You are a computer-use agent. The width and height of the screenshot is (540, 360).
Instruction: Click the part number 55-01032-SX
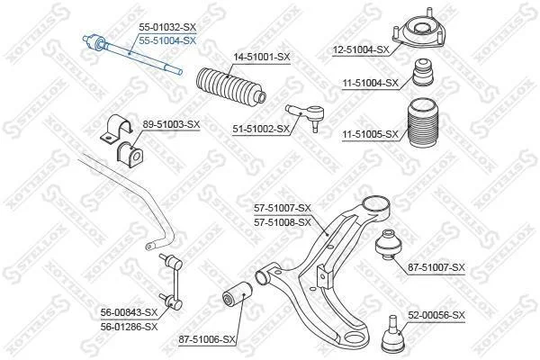click(x=167, y=27)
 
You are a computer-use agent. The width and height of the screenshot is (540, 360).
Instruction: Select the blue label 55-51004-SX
click(x=167, y=41)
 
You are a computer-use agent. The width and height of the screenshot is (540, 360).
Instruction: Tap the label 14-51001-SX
click(x=262, y=57)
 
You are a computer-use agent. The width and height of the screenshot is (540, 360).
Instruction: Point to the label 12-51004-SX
click(x=361, y=50)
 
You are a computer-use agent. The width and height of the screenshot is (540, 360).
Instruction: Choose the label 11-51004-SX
click(x=370, y=83)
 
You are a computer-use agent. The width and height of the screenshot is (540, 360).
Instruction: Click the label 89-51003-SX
click(x=171, y=124)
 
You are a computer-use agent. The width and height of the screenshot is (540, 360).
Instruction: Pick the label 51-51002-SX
click(x=261, y=130)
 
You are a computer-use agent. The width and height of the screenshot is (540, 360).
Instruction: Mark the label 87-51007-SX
click(x=436, y=267)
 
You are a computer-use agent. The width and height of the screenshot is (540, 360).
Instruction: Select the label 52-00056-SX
click(x=436, y=315)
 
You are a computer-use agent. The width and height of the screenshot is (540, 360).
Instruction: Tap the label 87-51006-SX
click(x=207, y=340)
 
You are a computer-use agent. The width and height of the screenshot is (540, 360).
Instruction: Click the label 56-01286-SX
click(x=129, y=327)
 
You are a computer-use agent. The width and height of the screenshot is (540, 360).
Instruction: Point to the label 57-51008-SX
click(x=283, y=222)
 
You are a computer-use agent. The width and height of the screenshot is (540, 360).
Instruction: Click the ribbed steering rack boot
click(x=230, y=85)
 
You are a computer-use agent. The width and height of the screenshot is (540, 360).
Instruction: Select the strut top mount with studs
click(x=418, y=31)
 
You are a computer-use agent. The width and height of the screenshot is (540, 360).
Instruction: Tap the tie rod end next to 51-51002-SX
click(x=306, y=115)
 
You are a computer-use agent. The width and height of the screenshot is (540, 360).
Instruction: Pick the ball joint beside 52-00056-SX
click(x=391, y=334)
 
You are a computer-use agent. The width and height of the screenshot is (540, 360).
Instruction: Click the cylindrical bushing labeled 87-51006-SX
click(x=237, y=295)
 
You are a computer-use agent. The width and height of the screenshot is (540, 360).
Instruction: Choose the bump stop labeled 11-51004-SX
click(x=423, y=73)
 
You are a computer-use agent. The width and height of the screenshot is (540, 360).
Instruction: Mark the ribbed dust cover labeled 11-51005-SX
click(x=423, y=124)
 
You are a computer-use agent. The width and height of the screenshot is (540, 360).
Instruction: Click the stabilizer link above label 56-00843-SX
click(x=172, y=281)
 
